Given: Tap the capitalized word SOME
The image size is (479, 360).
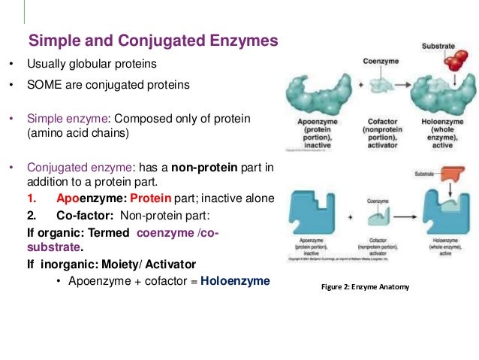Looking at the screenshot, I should pos(45,85).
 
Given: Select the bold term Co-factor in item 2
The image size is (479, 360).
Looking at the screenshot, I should pos(86,215).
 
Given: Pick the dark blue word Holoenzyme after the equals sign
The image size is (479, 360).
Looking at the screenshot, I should pos(235,282).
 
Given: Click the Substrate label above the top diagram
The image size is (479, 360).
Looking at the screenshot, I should pos(439,46).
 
